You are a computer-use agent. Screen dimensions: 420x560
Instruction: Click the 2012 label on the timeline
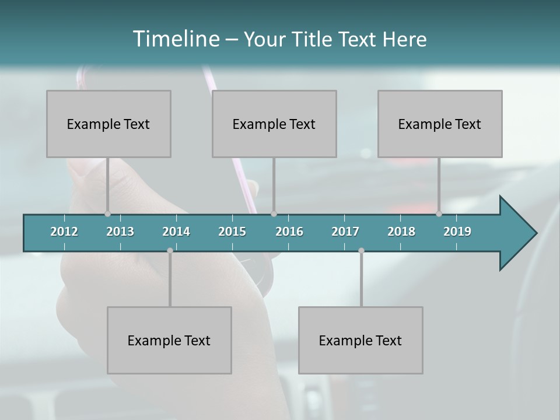(x=64, y=232)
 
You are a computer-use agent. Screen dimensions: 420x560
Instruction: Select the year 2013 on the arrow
(x=120, y=232)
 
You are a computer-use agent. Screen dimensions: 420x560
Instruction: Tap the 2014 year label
(x=176, y=232)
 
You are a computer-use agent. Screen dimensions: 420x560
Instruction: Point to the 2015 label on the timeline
(x=232, y=232)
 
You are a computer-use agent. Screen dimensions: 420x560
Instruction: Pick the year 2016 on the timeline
(x=289, y=232)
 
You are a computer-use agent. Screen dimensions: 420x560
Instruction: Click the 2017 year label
(x=345, y=232)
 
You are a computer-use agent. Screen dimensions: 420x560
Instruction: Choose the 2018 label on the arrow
(x=401, y=232)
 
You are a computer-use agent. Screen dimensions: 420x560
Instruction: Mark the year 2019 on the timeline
(x=457, y=232)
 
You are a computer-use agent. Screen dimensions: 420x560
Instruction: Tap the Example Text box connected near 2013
(x=108, y=124)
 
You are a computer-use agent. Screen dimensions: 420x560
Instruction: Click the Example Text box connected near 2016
(x=274, y=124)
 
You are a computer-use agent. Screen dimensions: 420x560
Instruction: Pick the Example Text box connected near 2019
(x=440, y=124)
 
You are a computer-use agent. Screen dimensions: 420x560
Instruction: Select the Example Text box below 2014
(x=169, y=340)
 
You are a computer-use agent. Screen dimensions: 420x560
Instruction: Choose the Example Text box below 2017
(x=360, y=340)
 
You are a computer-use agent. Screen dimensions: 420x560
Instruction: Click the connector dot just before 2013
(x=107, y=214)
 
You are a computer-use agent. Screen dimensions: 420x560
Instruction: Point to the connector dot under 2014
(x=170, y=250)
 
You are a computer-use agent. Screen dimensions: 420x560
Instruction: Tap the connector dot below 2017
(x=361, y=250)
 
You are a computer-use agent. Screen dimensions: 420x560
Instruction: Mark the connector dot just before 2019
(x=439, y=214)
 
